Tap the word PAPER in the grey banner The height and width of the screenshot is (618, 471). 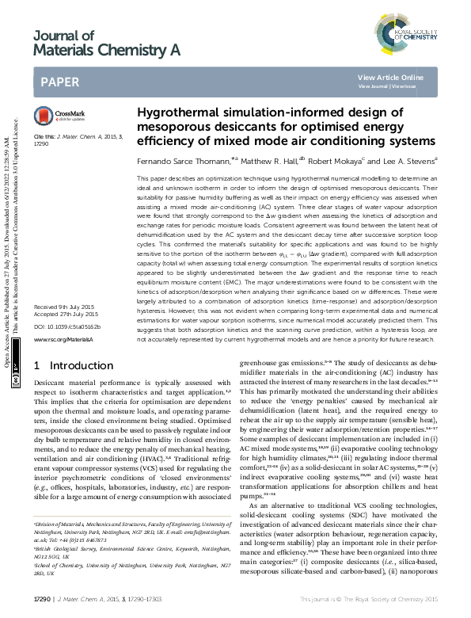click(59, 82)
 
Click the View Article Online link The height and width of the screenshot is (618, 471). click(390, 77)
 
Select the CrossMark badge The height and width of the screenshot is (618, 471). click(53, 115)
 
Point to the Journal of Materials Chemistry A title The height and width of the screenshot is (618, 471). click(106, 44)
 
